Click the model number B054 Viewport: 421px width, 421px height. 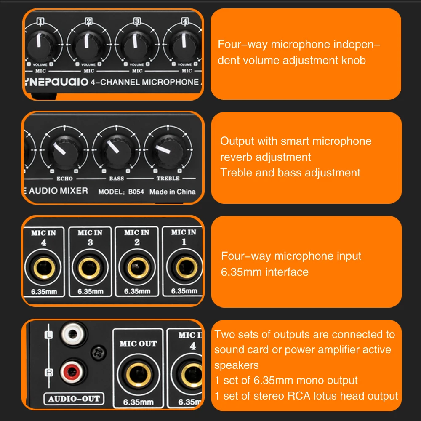pyautogui.click(x=136, y=192)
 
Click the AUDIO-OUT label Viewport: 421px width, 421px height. pyautogui.click(x=74, y=398)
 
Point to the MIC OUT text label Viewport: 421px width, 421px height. pyautogui.click(x=138, y=344)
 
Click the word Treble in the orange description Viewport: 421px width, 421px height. pyautogui.click(x=234, y=173)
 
